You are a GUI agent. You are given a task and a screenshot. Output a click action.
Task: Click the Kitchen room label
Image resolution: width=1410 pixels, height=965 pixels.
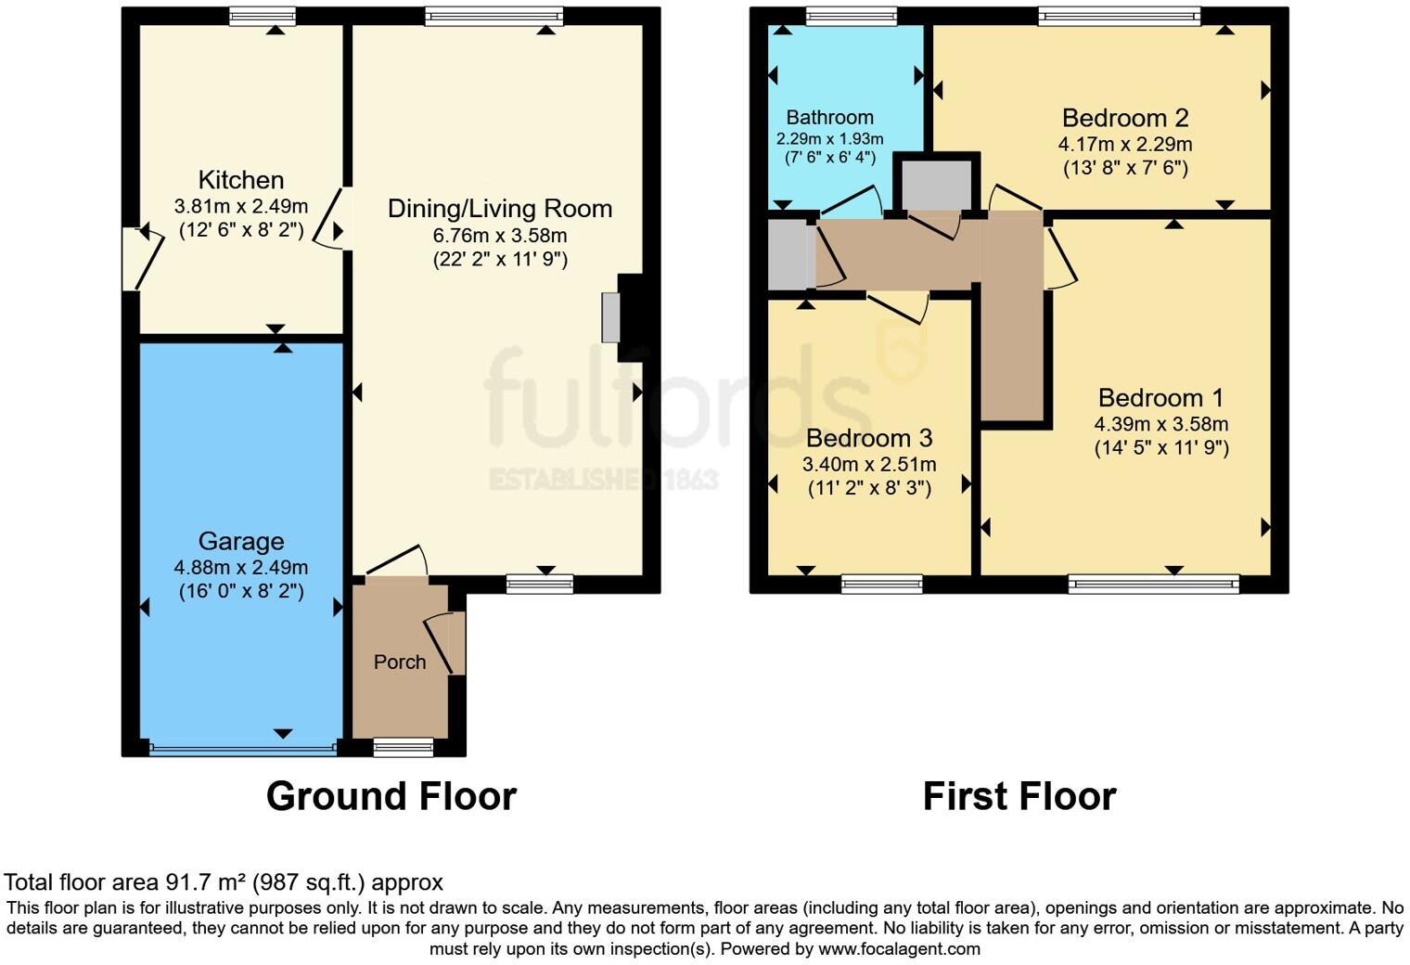click(240, 180)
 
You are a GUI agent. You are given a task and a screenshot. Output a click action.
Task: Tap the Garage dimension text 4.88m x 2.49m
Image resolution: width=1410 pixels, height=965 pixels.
click(240, 567)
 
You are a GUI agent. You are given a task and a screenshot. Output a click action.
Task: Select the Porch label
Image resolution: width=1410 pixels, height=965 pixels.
click(400, 662)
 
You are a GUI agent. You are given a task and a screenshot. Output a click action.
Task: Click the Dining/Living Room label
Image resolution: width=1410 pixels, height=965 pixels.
click(499, 209)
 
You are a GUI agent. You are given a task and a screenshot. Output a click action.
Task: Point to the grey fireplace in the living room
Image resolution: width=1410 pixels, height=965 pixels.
click(610, 317)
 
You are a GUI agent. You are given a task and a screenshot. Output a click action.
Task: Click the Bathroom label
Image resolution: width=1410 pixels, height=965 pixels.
click(829, 117)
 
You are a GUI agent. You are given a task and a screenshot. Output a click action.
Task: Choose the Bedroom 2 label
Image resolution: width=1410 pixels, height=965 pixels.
click(1124, 118)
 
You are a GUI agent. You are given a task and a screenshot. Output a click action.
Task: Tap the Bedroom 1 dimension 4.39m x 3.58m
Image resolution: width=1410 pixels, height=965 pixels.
click(1160, 424)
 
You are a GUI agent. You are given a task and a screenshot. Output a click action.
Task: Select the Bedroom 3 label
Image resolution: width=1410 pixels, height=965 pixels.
click(868, 438)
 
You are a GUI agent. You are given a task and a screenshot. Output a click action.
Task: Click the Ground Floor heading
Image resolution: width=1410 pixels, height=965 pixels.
click(391, 796)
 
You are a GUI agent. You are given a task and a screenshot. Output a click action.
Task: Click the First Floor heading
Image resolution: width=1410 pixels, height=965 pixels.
click(1019, 796)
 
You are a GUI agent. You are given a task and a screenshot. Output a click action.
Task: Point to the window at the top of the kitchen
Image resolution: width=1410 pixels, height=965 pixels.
click(263, 16)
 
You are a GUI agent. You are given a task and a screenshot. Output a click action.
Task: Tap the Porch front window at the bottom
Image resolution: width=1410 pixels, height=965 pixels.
click(403, 747)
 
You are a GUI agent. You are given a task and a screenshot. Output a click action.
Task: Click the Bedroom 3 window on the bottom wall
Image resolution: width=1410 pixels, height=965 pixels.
click(881, 584)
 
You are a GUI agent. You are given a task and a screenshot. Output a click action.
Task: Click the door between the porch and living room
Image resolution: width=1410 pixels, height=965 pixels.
click(397, 562)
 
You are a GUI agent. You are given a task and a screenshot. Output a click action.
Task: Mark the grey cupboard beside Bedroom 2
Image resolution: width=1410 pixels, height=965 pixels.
click(936, 184)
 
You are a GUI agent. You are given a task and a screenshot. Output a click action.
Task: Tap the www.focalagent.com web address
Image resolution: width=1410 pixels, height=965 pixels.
click(898, 948)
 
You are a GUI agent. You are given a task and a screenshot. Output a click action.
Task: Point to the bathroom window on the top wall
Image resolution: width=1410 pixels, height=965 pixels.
click(851, 16)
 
